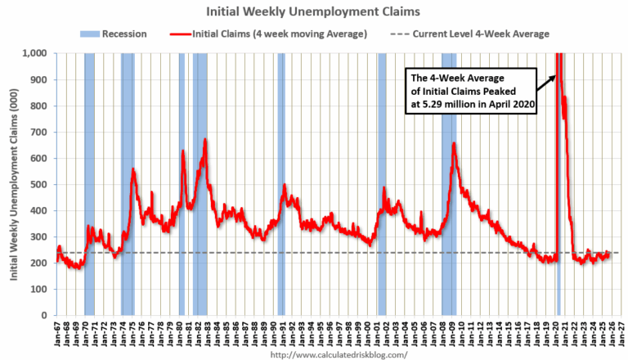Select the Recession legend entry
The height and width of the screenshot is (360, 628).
(x=114, y=34)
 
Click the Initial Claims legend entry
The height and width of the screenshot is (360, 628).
(x=269, y=34)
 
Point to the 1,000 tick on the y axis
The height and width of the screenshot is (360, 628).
(x=34, y=54)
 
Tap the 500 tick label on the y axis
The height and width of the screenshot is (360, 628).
(x=38, y=185)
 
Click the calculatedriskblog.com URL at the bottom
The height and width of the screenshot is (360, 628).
(x=338, y=354)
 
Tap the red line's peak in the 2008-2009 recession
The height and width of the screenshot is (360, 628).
(x=454, y=144)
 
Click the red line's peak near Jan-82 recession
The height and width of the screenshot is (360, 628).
(x=205, y=140)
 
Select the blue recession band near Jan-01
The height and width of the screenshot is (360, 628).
(x=382, y=184)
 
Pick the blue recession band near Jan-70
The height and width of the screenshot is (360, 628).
(x=89, y=184)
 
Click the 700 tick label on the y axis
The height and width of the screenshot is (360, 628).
(x=38, y=133)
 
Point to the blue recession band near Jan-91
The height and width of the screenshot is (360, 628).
(x=281, y=184)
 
